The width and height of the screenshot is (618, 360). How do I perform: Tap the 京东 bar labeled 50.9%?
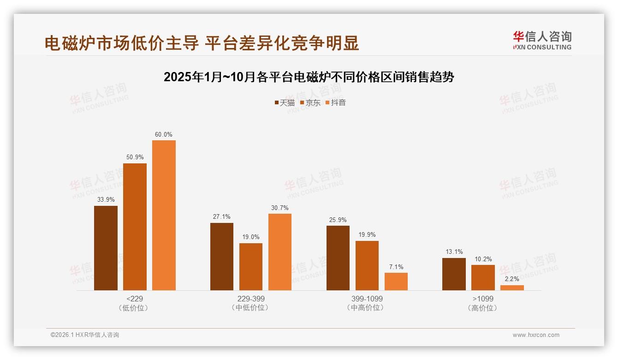(x=135, y=227)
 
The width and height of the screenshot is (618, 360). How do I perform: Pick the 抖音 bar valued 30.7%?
(x=279, y=252)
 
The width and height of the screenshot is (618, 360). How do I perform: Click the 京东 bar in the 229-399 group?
(x=250, y=267)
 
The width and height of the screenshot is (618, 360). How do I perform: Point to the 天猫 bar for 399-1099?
(x=338, y=258)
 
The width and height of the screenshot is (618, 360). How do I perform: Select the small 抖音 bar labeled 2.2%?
(x=512, y=288)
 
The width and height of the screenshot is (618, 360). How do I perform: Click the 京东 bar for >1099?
(x=483, y=277)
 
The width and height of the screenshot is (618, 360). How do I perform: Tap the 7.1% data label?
(x=396, y=267)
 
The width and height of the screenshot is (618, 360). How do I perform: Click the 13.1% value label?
(x=454, y=252)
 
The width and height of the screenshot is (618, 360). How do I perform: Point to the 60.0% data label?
(x=164, y=134)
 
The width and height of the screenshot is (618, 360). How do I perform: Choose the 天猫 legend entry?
(x=285, y=102)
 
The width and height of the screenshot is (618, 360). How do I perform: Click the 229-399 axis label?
(x=251, y=299)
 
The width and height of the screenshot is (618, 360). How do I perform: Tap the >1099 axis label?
(x=483, y=299)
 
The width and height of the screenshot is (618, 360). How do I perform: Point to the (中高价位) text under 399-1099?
(x=367, y=308)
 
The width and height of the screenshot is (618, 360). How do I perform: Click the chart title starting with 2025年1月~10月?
(x=309, y=77)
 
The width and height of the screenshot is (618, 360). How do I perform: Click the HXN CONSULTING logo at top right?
(x=542, y=41)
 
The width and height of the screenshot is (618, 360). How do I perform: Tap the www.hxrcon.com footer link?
(x=536, y=335)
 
